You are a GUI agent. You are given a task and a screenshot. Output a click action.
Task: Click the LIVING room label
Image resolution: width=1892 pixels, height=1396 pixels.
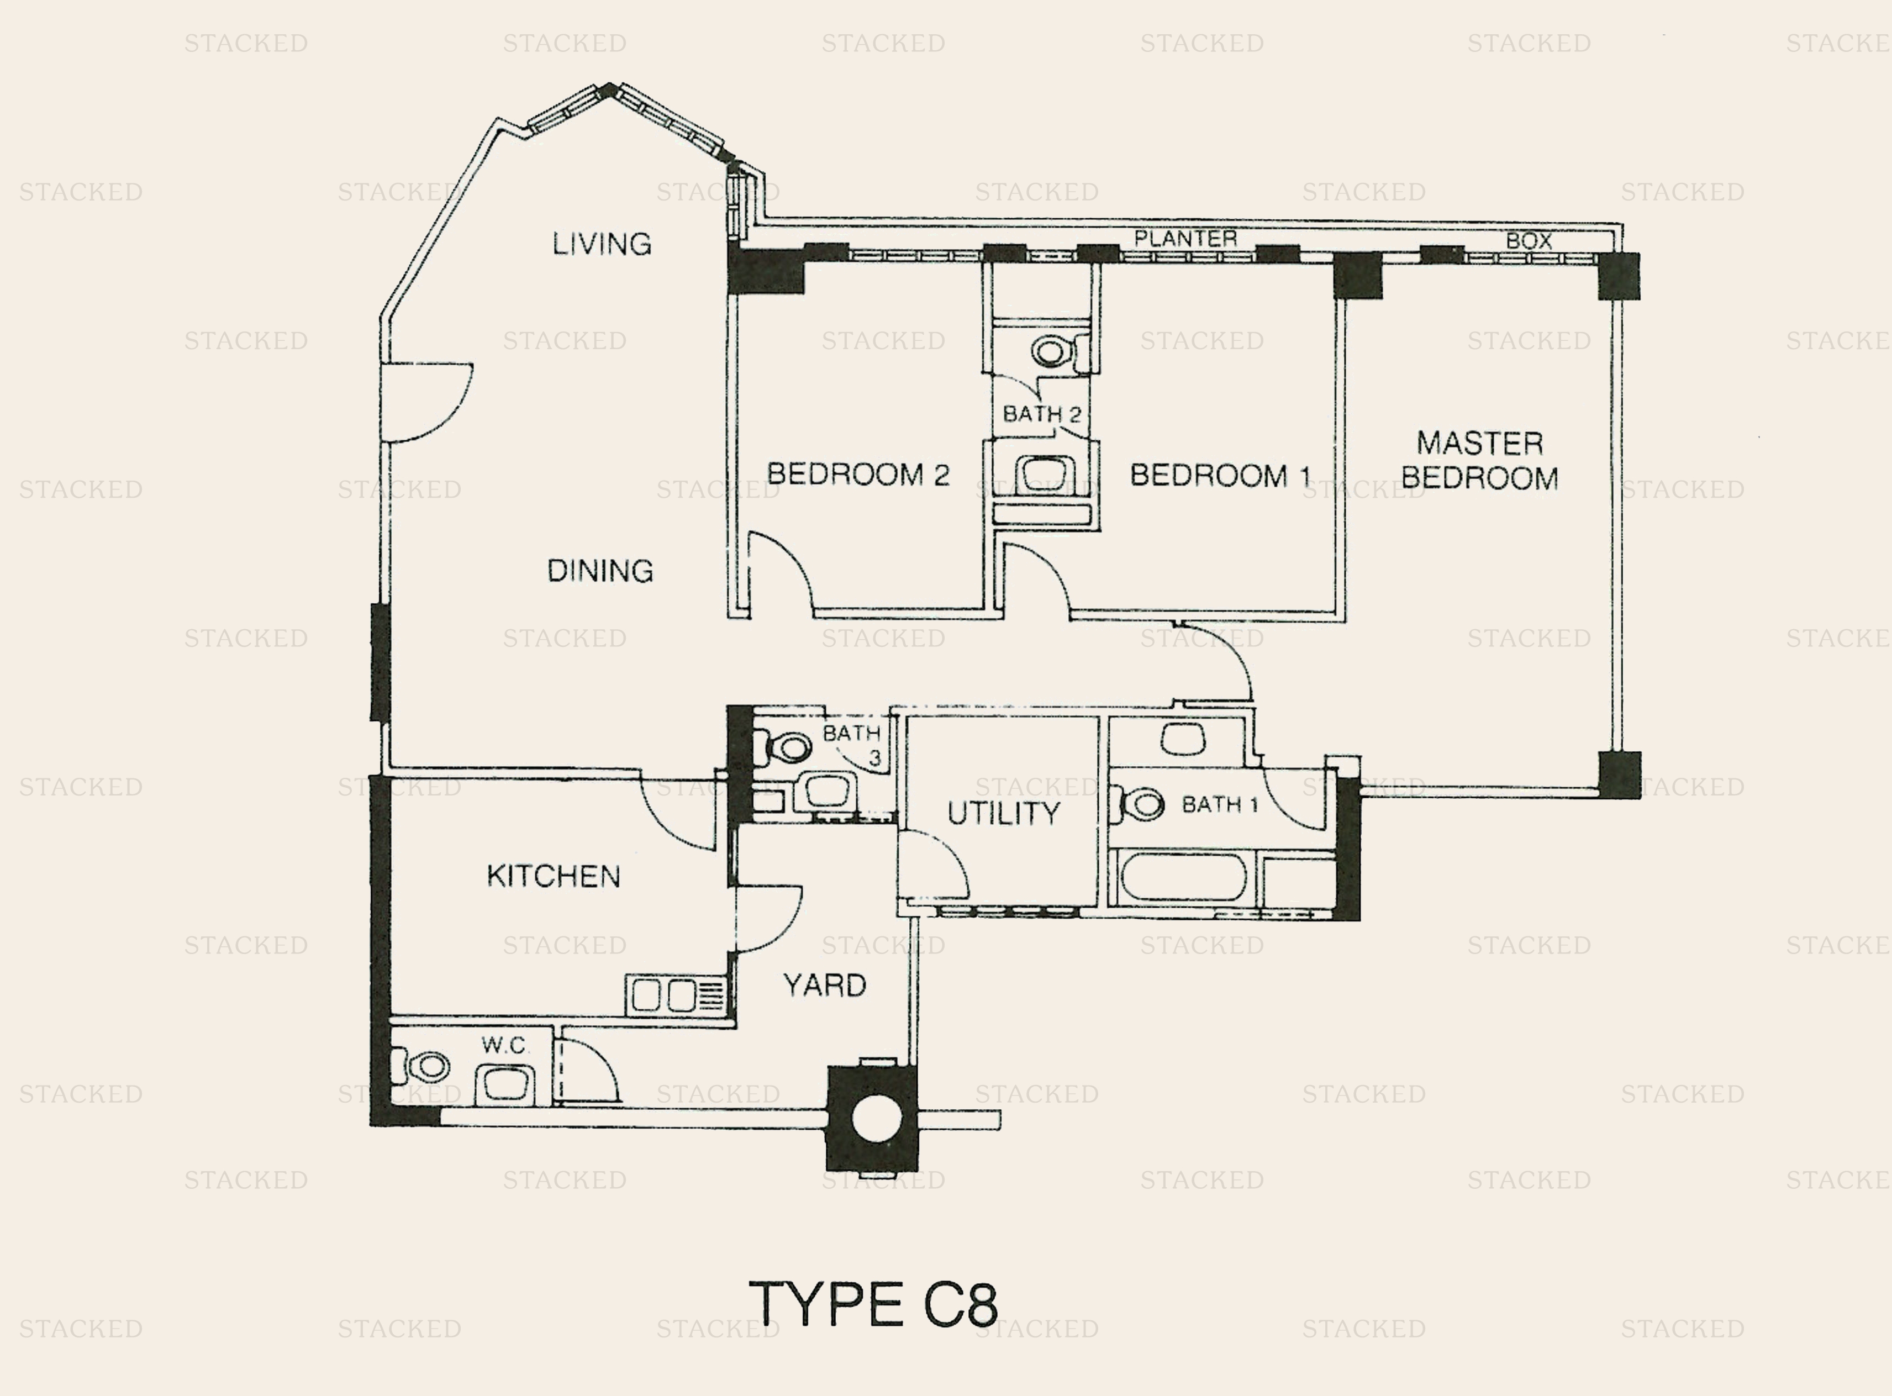(602, 244)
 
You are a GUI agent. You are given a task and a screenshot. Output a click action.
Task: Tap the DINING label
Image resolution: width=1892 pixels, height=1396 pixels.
(600, 571)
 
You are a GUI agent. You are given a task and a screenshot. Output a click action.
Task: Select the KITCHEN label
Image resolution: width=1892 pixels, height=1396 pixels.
(554, 876)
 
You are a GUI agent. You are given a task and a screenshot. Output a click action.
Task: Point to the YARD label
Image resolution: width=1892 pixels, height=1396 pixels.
(825, 986)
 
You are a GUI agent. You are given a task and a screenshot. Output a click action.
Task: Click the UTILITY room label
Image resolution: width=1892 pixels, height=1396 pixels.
(1003, 813)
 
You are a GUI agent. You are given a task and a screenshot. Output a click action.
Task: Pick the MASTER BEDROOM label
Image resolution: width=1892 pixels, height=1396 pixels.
(1480, 461)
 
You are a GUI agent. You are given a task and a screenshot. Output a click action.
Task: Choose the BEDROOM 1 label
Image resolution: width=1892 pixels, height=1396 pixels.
(1220, 476)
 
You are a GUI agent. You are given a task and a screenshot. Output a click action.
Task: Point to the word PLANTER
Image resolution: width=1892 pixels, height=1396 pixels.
(1185, 238)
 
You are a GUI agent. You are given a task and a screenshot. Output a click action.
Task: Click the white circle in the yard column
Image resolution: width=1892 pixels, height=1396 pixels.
(877, 1118)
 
